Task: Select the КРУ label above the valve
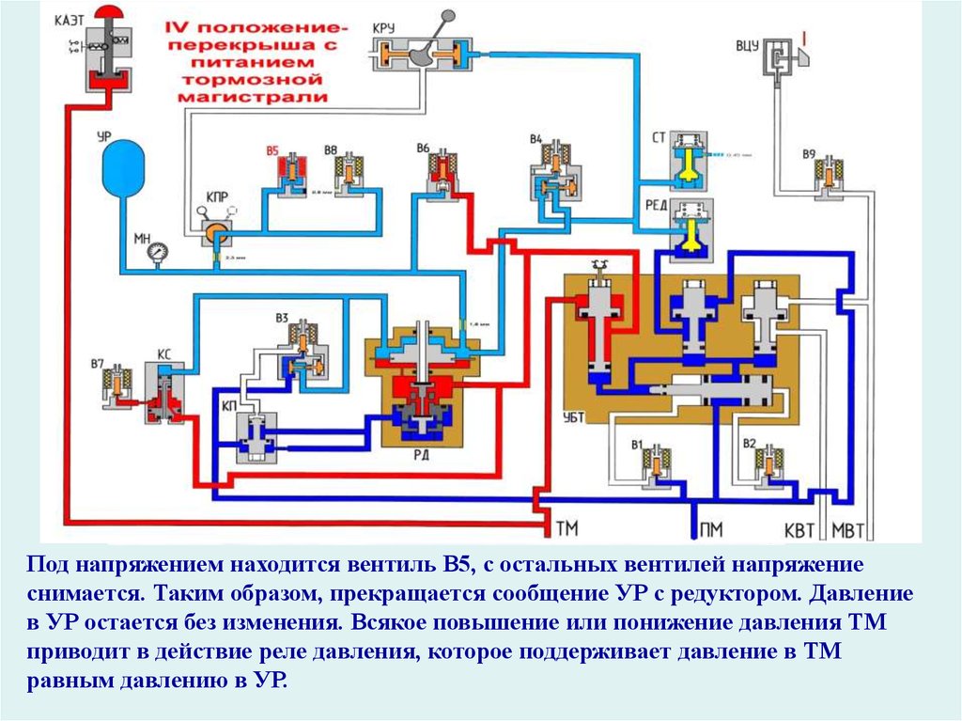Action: tap(385, 27)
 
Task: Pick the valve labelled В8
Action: tap(352, 173)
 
